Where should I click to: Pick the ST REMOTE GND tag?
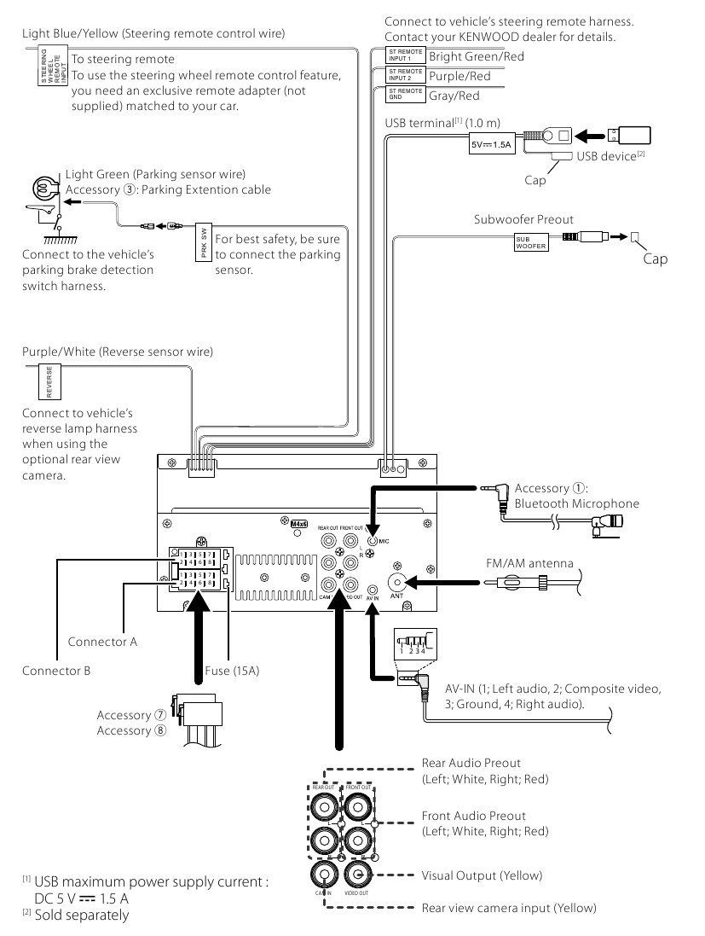click(x=405, y=94)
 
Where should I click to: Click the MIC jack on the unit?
click(x=373, y=538)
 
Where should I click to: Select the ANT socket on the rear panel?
click(x=396, y=583)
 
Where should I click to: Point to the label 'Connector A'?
click(x=102, y=642)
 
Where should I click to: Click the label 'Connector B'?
click(x=56, y=671)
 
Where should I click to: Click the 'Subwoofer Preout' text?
click(x=523, y=219)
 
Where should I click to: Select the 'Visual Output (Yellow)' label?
click(x=482, y=875)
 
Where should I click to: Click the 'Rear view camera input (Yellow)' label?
click(x=509, y=907)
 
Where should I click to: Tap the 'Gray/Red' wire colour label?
click(x=454, y=96)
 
